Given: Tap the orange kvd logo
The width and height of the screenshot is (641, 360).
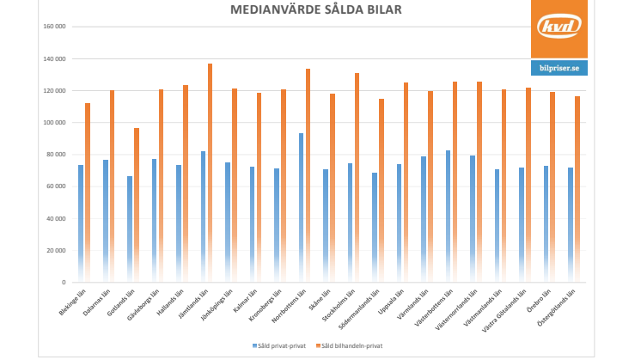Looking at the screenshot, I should tap(559, 28).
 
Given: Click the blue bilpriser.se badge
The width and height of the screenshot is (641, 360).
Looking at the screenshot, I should tap(559, 67).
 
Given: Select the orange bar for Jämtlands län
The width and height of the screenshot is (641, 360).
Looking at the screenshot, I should tap(210, 172).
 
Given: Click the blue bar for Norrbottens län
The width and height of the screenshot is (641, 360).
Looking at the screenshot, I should tap(301, 206).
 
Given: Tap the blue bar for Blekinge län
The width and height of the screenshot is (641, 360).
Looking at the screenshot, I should tap(81, 223).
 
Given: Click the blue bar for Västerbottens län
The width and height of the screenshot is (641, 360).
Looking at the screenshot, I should tap(448, 215).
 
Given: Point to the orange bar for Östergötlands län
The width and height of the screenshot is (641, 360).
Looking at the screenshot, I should tap(577, 189).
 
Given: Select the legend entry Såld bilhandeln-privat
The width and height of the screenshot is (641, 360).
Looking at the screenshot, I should tap(350, 345).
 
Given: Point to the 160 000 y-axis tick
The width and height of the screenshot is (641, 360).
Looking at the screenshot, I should tap(54, 27).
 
